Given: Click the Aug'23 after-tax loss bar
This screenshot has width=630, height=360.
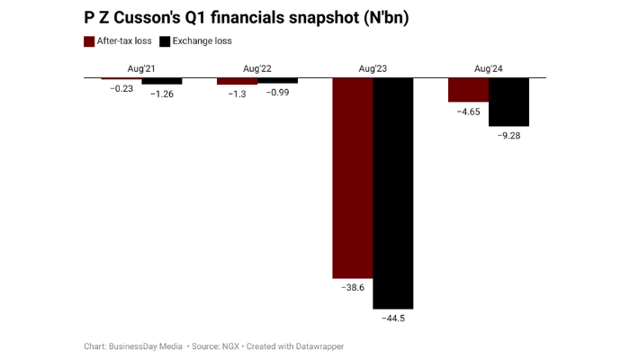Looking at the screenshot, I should (353, 177).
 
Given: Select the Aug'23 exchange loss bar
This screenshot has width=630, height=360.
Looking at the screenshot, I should (393, 193).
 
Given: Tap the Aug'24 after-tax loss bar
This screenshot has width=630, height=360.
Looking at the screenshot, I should (468, 90).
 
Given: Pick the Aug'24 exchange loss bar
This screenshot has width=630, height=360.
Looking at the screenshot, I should (508, 102).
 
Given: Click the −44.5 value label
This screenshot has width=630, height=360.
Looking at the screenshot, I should (393, 318).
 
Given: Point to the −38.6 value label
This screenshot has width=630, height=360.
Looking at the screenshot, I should (353, 287).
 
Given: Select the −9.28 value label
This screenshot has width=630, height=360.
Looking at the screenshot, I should (508, 135).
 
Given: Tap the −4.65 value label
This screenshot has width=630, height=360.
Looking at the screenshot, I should (468, 112).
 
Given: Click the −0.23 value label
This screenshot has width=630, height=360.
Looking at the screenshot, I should (121, 87).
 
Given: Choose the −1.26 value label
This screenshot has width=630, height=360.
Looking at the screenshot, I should (162, 94).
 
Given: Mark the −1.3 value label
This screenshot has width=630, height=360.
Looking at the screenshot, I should (237, 94).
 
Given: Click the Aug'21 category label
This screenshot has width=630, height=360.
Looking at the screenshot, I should (142, 68).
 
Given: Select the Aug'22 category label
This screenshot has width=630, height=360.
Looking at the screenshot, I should (257, 68).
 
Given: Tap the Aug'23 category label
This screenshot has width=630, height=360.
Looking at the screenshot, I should (373, 68).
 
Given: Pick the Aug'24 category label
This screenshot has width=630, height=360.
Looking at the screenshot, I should (488, 68).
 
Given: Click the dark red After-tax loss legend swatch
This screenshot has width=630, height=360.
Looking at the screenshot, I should (89, 41).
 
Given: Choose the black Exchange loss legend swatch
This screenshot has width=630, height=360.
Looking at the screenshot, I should (165, 41).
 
